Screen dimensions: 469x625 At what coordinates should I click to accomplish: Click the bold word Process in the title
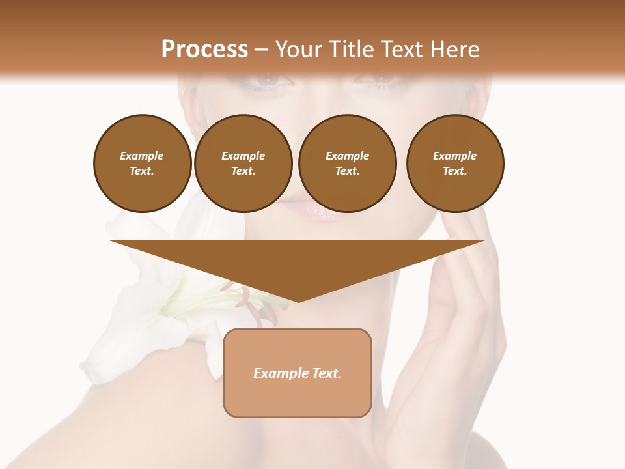204,50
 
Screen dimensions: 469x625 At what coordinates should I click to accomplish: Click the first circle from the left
142,163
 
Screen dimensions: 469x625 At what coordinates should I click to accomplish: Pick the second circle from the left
243,163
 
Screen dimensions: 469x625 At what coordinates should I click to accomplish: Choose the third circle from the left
347,163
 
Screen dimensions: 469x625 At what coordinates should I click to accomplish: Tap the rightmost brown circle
454,163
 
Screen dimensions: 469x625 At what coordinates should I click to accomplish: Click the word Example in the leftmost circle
142,156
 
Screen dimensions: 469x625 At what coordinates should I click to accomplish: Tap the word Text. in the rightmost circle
454,171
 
